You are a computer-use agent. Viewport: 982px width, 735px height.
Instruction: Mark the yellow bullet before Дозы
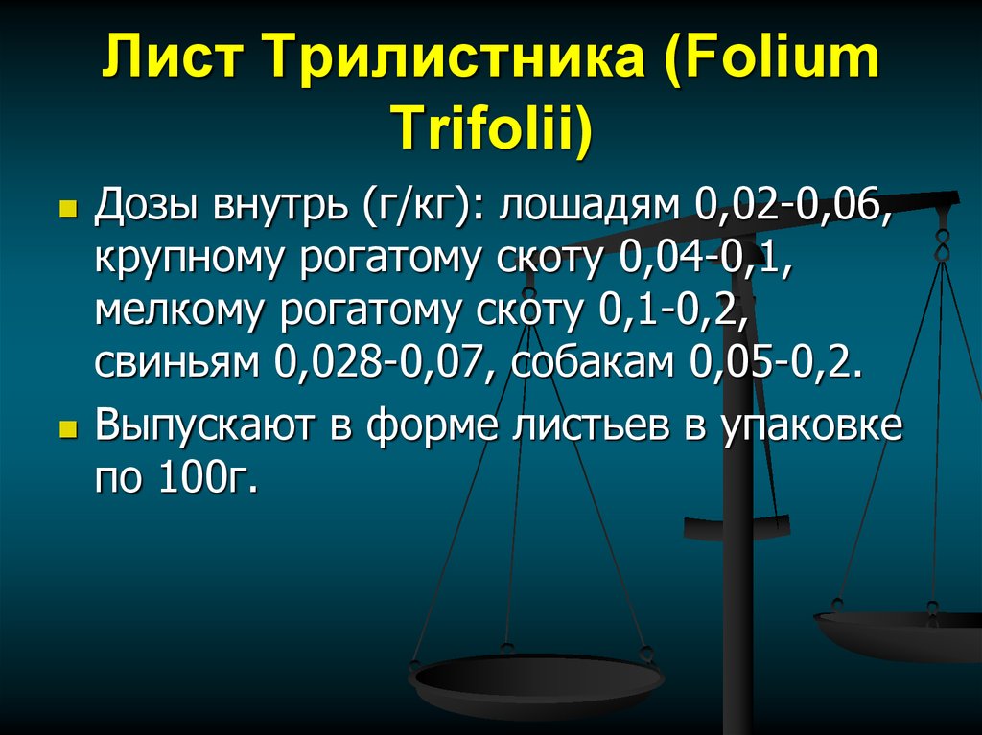tap(67, 207)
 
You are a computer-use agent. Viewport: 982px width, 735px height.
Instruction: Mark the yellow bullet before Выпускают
tap(67, 425)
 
